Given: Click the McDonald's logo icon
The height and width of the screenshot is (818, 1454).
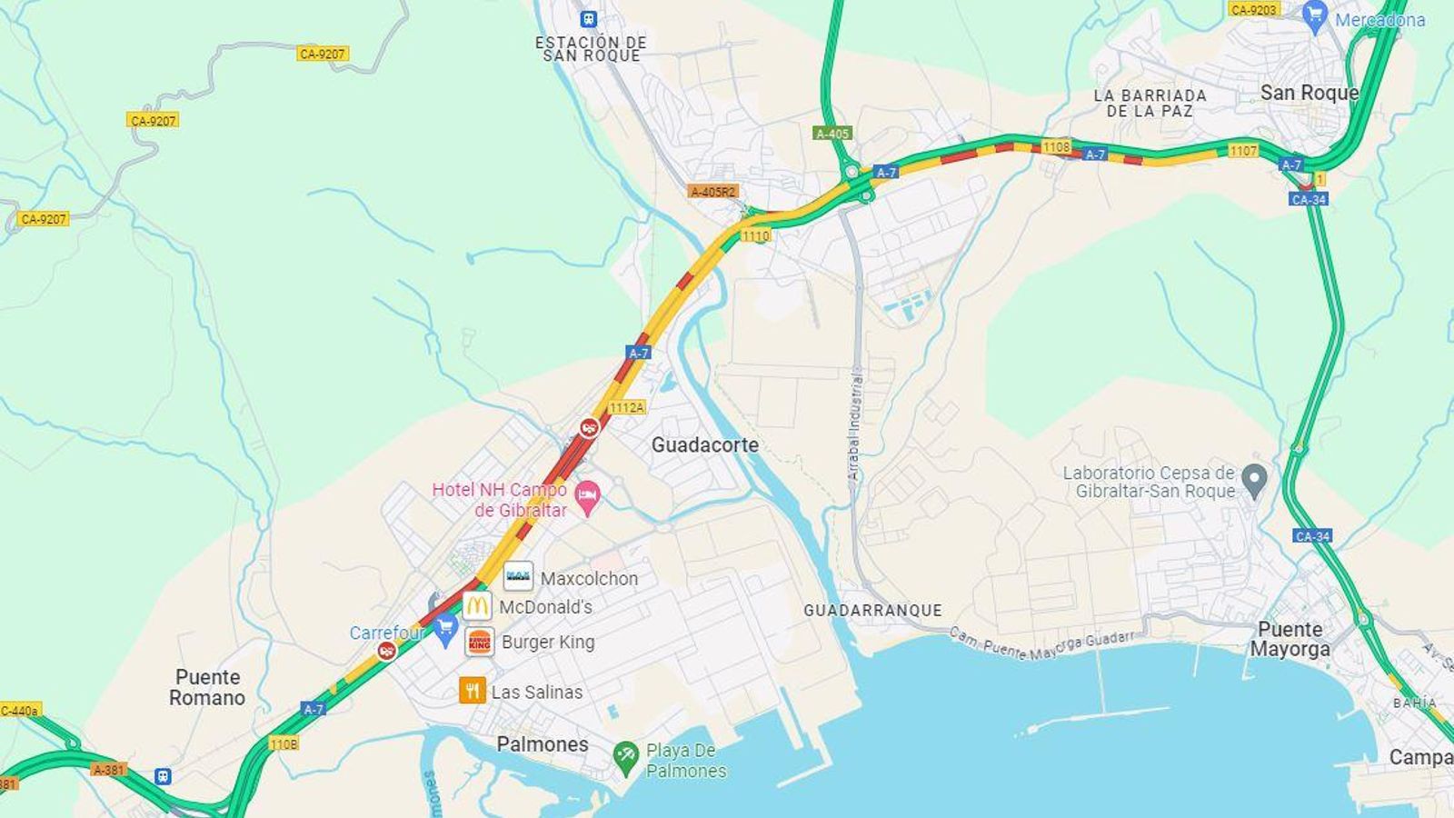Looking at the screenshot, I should tap(477, 606).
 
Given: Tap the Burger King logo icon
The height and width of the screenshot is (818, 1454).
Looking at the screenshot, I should tap(479, 642).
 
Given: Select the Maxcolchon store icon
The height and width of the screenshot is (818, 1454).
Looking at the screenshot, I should tap(518, 576).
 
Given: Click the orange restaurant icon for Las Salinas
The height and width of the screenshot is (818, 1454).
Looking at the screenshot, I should tap(472, 691).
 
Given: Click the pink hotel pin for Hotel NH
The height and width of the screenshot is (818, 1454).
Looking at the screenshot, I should tap(588, 497).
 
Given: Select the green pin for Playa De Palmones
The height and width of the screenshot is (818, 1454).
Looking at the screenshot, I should tap(625, 757).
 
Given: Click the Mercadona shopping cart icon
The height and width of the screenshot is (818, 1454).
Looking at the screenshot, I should tap(1314, 15).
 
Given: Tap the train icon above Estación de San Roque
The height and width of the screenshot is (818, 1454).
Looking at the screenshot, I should tap(589, 18).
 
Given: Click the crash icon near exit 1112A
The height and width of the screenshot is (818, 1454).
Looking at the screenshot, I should tap(590, 426).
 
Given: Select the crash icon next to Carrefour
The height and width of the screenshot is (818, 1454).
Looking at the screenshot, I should tap(387, 650).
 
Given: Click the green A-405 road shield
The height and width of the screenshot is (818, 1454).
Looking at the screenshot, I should tap(832, 134).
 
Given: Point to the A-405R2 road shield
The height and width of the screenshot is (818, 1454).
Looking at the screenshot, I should tap(713, 192).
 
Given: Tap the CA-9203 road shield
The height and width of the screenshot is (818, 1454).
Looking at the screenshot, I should tap(1253, 9).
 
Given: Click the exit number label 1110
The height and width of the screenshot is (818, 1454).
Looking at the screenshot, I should tap(755, 235).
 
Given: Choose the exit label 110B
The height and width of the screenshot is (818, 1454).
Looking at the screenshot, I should tap(284, 744).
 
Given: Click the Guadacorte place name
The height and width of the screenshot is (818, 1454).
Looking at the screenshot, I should tap(704, 445).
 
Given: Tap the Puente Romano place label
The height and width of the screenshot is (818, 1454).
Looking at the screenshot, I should tap(207, 688).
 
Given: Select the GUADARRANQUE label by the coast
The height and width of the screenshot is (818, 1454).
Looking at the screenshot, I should tap(872, 611).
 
